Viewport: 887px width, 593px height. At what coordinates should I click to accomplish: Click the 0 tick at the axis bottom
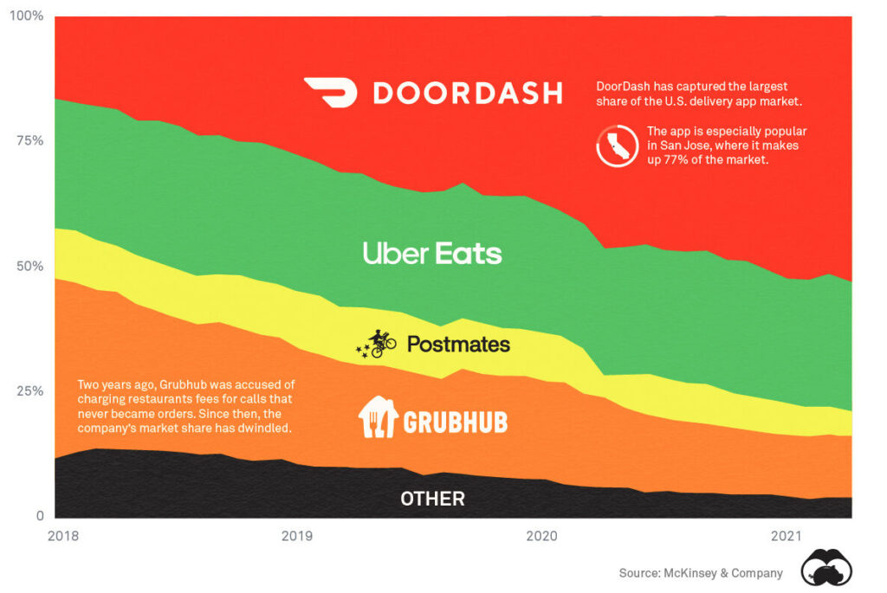(x=38, y=516)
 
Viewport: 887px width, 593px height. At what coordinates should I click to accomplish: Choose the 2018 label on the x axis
(x=63, y=536)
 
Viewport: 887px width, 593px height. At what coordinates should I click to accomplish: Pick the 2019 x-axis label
(x=297, y=536)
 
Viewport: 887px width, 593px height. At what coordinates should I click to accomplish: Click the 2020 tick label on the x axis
(x=541, y=536)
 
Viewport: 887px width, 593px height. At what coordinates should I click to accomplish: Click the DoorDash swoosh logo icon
(x=330, y=93)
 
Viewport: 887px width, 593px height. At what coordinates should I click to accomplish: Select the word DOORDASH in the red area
(x=467, y=93)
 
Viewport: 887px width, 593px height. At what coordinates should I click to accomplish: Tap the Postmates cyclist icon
(x=378, y=344)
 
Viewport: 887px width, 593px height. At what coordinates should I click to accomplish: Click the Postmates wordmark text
(x=458, y=345)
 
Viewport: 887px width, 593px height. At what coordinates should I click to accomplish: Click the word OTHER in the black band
(x=432, y=499)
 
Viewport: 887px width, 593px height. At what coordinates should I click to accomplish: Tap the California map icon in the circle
(x=618, y=146)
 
